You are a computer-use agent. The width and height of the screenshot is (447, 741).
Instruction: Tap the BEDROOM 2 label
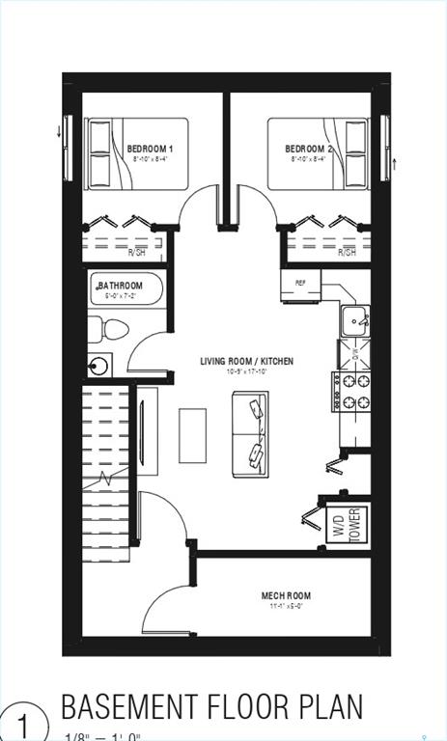(309, 149)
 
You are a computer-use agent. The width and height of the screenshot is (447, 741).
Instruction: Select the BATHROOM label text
(121, 286)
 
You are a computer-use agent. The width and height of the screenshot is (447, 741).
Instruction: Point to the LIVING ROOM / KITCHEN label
(246, 362)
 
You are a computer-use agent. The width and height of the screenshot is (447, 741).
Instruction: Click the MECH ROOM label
(286, 596)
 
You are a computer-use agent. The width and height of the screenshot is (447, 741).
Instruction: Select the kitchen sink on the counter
(356, 318)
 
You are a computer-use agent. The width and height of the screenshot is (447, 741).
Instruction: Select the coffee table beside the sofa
(192, 435)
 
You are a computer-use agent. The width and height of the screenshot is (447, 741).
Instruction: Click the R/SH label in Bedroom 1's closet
(137, 253)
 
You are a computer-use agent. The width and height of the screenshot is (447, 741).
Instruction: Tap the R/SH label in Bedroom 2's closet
(347, 253)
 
